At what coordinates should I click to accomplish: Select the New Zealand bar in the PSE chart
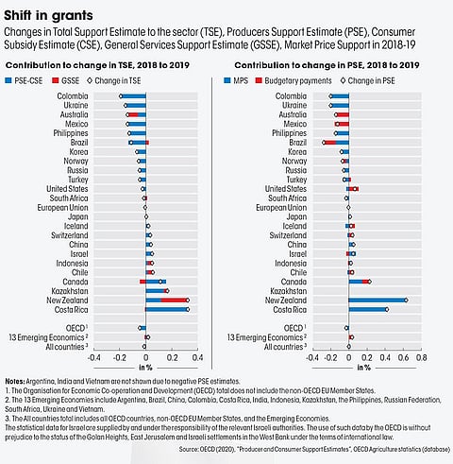(377, 300)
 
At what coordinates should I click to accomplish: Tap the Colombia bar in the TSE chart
(133, 96)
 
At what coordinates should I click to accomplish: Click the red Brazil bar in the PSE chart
(336, 143)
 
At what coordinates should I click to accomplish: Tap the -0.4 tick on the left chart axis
(93, 357)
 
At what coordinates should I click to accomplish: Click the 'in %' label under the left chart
(145, 368)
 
